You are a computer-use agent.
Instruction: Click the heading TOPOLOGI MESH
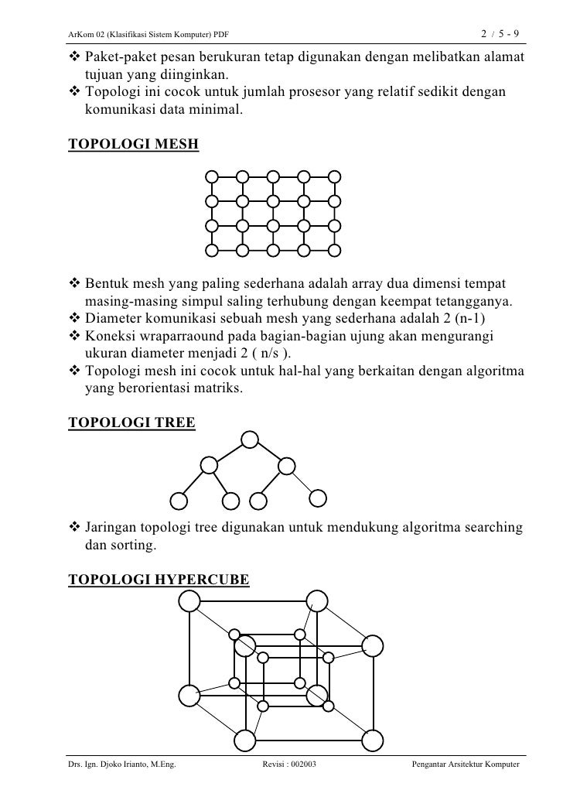134,145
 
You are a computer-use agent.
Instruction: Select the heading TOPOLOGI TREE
132,423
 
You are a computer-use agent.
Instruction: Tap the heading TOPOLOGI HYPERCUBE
159,578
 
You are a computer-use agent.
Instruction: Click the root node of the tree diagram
249,440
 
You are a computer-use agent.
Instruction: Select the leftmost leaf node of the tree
179,500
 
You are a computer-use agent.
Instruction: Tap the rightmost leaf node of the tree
319,500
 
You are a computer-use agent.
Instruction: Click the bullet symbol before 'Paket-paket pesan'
75,60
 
